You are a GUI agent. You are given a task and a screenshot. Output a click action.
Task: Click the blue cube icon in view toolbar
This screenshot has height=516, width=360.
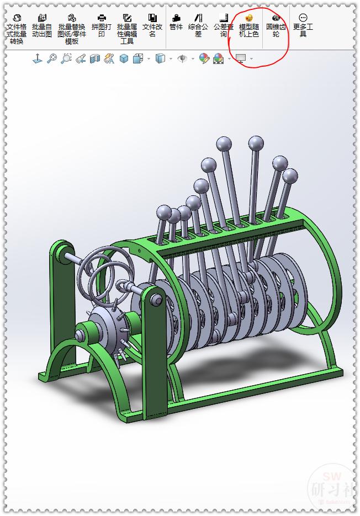(x=124, y=58)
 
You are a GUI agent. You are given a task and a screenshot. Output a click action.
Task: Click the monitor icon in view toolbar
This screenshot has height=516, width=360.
(x=240, y=58)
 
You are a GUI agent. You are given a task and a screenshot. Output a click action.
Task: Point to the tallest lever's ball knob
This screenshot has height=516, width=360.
(x=256, y=145)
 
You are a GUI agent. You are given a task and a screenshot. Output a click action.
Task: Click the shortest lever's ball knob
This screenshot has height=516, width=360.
(x=164, y=212)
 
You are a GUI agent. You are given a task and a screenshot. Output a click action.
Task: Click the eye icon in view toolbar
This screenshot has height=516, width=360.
(x=182, y=58)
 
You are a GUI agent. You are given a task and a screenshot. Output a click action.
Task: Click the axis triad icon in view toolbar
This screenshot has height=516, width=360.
(x=38, y=58)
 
